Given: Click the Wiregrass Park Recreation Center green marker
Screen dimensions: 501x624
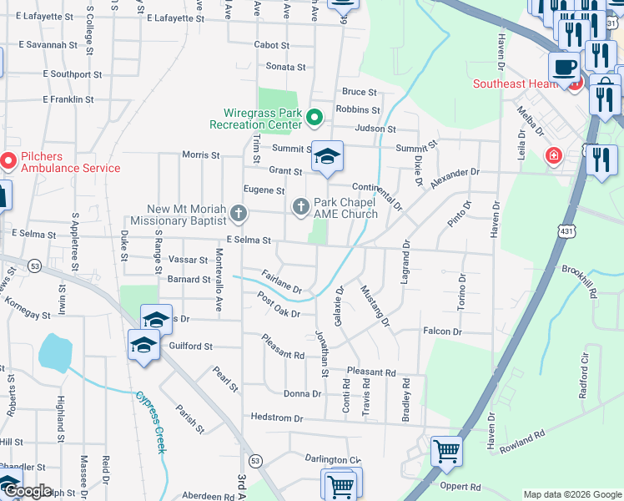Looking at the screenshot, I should click(315, 118).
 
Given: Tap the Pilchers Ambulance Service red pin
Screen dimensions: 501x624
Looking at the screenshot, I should click(8, 159).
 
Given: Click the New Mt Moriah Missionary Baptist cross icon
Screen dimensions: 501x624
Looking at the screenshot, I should click(239, 214).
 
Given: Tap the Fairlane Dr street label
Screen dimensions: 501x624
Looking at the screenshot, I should click(280, 281).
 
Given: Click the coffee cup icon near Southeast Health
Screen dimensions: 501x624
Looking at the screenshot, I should click(564, 66).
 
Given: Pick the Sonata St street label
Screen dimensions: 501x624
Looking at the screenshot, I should click(286, 66).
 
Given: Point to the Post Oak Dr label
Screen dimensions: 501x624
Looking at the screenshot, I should click(279, 305).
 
